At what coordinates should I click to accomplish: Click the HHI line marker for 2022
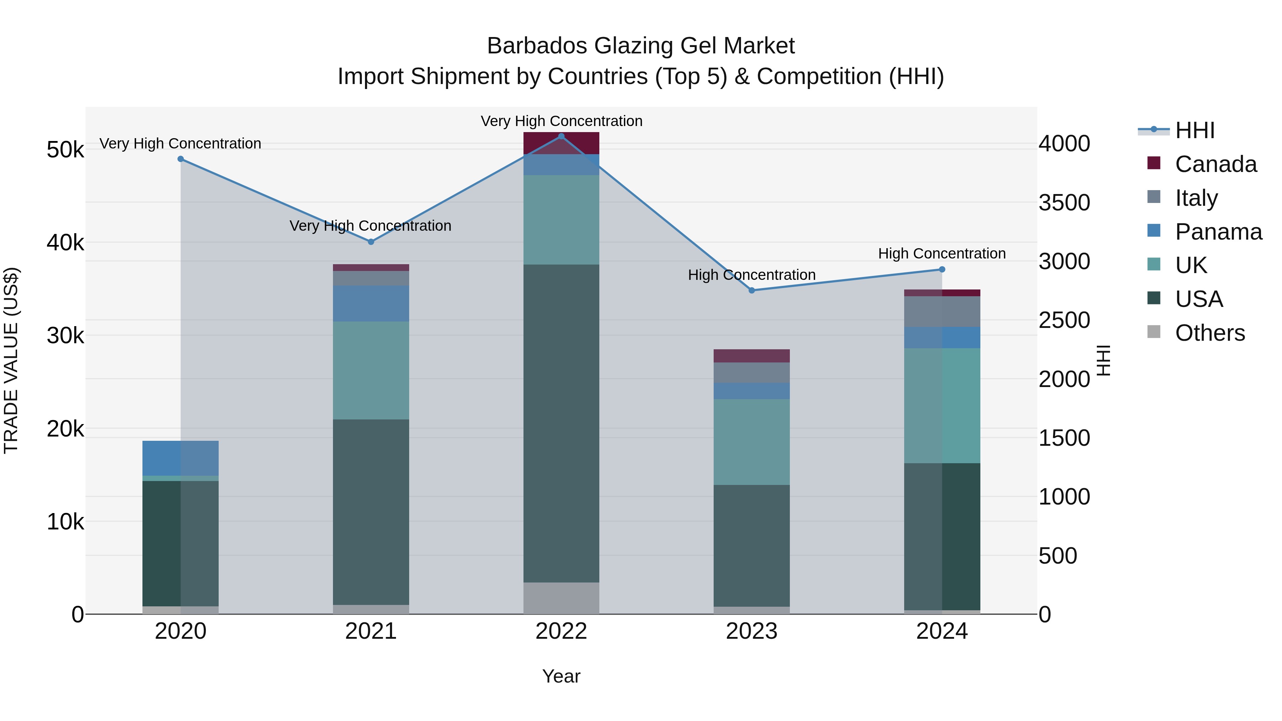point(561,136)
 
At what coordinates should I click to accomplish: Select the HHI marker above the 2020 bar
point(181,159)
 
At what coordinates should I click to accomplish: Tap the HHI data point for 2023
point(751,290)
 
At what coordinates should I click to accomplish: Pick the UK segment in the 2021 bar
point(371,370)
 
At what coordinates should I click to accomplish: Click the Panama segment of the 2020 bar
point(181,458)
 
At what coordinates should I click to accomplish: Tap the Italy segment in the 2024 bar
point(942,312)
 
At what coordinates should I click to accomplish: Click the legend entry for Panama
point(1218,232)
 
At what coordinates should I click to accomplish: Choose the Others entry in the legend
point(1209,333)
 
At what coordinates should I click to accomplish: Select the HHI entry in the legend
point(1194,130)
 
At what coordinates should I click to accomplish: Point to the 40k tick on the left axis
point(65,243)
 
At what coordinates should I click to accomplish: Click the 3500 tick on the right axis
point(1064,203)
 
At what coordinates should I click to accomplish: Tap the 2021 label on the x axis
point(371,631)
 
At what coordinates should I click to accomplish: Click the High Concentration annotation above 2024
point(942,254)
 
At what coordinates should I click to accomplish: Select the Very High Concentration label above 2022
point(561,121)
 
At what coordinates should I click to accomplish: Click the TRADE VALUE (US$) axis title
point(11,360)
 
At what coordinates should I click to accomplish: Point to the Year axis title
point(561,676)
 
